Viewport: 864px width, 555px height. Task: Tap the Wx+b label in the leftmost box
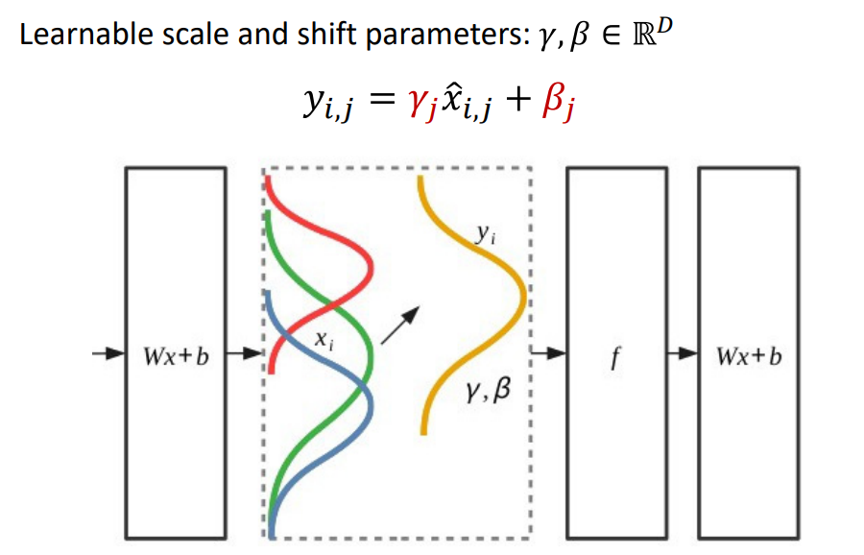point(177,356)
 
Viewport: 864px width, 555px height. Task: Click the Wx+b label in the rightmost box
point(749,356)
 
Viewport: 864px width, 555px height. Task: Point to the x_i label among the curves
point(324,339)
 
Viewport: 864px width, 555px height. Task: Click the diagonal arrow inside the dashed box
point(400,325)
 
